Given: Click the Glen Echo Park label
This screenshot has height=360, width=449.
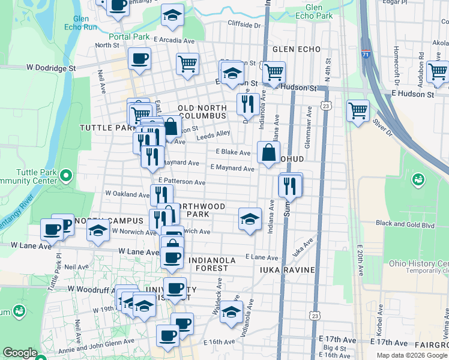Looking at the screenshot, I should point(318,11).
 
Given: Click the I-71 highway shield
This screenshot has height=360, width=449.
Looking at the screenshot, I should point(366,54).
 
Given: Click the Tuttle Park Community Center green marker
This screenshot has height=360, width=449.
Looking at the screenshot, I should point(66,176).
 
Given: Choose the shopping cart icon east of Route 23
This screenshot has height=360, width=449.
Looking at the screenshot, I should point(358,110).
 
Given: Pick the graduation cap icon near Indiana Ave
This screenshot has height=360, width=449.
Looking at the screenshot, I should point(250,218).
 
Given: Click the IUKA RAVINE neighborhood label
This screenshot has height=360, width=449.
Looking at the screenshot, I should point(287,270).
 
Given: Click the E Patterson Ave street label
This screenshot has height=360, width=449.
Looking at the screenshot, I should point(182,181).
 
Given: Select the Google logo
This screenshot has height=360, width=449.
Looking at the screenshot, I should point(20,353).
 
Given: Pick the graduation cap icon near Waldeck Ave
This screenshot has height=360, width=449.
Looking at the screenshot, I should point(231,311).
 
